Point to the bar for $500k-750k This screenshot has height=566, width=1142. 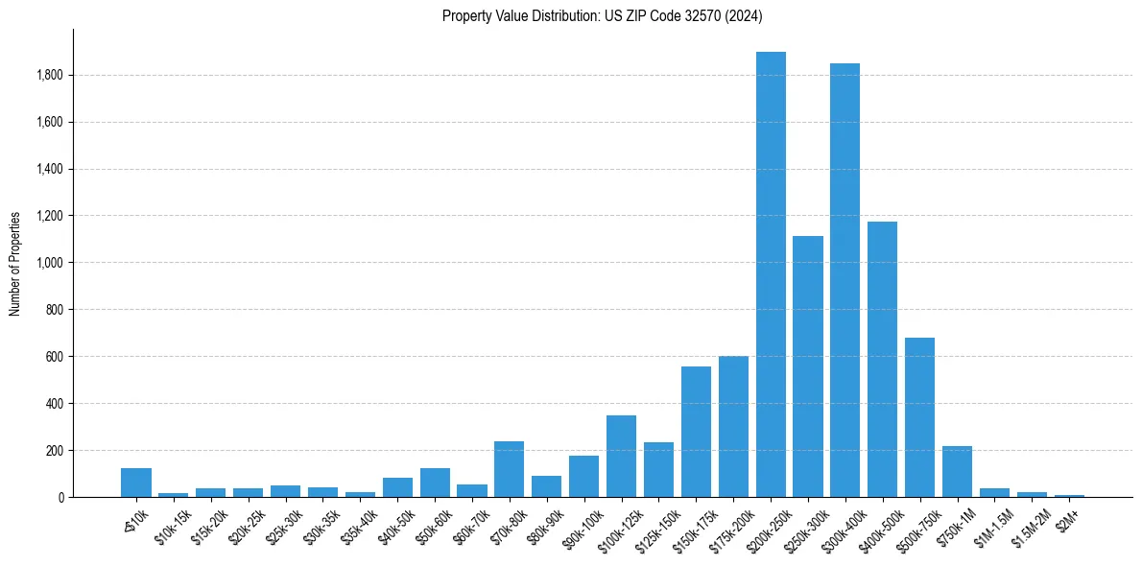(x=919, y=417)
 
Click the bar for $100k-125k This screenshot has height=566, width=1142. (x=621, y=457)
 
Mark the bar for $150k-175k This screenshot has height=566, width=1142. (x=696, y=432)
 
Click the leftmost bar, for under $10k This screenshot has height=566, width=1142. (x=136, y=483)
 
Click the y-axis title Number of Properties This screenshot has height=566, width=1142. (x=15, y=263)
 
